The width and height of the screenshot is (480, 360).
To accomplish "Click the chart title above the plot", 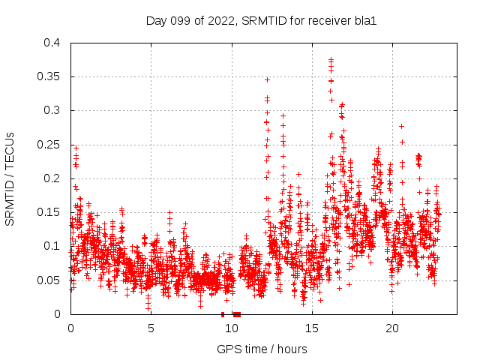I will [260, 21].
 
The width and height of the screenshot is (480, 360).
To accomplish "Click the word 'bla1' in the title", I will [364, 21].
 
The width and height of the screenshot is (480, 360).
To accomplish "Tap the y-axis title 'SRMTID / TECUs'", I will [10, 178].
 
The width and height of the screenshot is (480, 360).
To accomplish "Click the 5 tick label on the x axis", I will [151, 328].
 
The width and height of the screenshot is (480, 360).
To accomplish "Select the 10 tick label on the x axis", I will [231, 328].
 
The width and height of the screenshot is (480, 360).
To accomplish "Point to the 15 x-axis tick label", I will [311, 328].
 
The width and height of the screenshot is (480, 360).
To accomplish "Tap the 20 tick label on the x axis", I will [391, 328].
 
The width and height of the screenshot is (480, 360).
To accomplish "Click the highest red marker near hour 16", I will [331, 59].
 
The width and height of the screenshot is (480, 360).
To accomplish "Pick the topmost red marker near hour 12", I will [267, 79].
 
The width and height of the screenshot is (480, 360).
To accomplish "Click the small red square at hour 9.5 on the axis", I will [223, 314].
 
